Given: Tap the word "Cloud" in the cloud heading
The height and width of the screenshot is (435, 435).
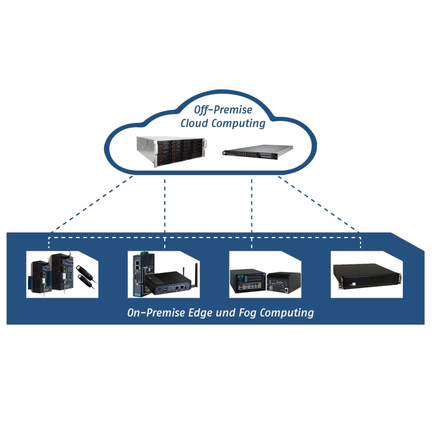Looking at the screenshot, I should pyautogui.click(x=196, y=124).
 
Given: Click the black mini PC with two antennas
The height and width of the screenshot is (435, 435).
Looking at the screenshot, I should pyautogui.click(x=170, y=282).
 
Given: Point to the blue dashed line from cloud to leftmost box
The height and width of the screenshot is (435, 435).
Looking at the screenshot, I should pyautogui.click(x=92, y=204).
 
